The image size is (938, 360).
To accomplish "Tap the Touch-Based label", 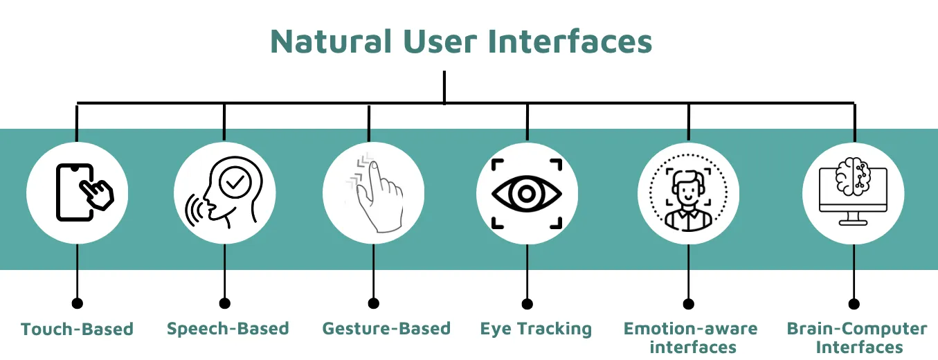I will tap(77, 328).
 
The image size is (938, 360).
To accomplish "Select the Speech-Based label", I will tap(228, 328).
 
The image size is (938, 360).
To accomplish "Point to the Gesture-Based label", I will tap(386, 328).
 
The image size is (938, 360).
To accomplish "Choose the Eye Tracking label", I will tap(536, 328).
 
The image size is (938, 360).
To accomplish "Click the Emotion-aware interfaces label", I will tap(691, 336).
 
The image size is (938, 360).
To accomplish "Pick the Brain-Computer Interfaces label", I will tap(857, 336).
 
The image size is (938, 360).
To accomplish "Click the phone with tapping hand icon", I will tap(84, 192).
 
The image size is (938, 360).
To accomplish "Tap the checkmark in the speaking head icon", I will tap(236, 182).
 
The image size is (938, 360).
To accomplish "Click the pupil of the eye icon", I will tap(527, 193).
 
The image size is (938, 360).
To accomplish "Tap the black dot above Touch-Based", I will tap(77, 303).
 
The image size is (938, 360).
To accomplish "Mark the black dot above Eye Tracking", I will tap(527, 303).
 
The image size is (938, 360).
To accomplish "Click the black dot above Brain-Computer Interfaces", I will tap(854, 303).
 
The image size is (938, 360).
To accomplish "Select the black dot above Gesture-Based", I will tap(374, 303).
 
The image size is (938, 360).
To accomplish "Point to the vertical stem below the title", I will tap(444, 87).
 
